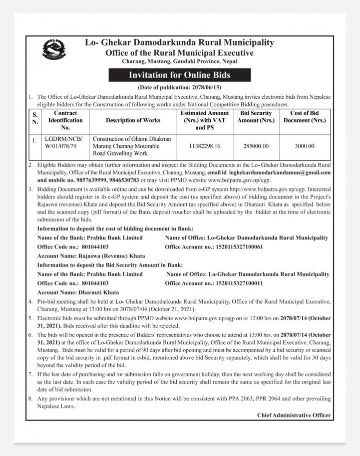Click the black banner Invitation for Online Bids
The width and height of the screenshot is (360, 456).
coord(180,75)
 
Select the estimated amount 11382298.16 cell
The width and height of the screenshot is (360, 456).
coord(204,146)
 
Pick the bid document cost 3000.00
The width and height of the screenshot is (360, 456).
coord(304,146)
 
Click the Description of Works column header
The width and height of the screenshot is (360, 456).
coord(133,120)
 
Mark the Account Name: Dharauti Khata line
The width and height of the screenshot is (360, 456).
coord(78,292)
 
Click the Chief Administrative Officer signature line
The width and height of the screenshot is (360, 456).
coord(293,415)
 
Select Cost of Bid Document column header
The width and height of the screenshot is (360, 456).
coord(304,117)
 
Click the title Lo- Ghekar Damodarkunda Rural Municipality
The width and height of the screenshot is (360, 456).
coord(180,43)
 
